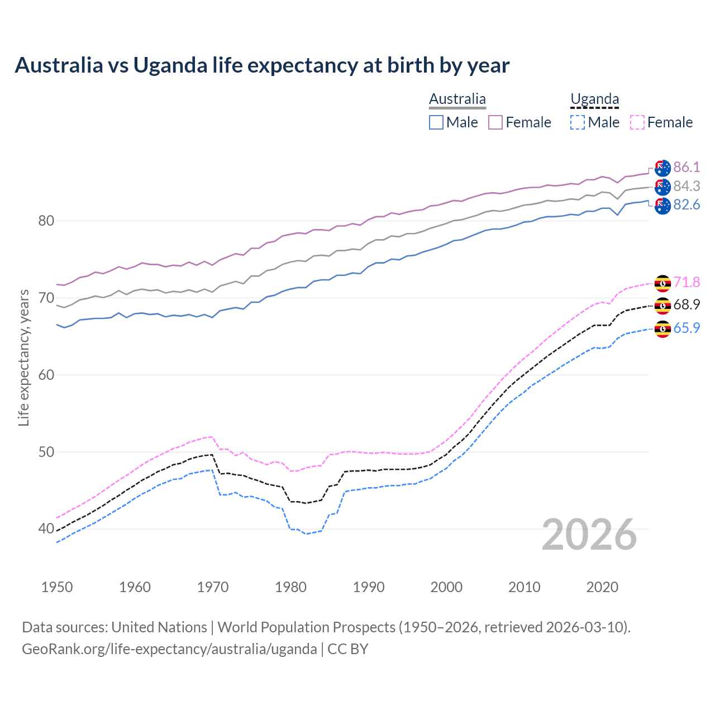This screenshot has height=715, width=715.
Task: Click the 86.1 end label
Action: pos(687,167)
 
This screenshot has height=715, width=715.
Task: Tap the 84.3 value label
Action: pos(687,186)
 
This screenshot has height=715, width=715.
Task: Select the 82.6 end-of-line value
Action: pos(687,205)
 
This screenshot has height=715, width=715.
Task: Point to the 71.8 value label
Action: pos(687,282)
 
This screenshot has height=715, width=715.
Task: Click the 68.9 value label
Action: pos(687,304)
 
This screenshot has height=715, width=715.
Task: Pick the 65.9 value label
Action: pos(687,328)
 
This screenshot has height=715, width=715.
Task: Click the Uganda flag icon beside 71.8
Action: pos(662,283)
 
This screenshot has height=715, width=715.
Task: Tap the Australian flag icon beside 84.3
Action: pos(662,187)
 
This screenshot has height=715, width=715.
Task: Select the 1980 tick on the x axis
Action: pos(290,587)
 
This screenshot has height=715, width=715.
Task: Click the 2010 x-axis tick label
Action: pos(524,587)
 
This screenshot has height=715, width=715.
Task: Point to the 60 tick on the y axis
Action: pos(46,374)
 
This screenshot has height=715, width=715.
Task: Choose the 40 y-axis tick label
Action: pos(46,528)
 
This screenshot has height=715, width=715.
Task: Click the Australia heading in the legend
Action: pos(457,99)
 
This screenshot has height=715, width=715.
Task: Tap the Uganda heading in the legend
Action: pos(594,99)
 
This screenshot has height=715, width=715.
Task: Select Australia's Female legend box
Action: pos(495,122)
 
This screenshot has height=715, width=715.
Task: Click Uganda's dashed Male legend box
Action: pos(578,122)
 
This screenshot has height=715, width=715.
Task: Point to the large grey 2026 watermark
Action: pos(589,535)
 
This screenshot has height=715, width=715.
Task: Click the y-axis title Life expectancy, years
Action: pos(23,357)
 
